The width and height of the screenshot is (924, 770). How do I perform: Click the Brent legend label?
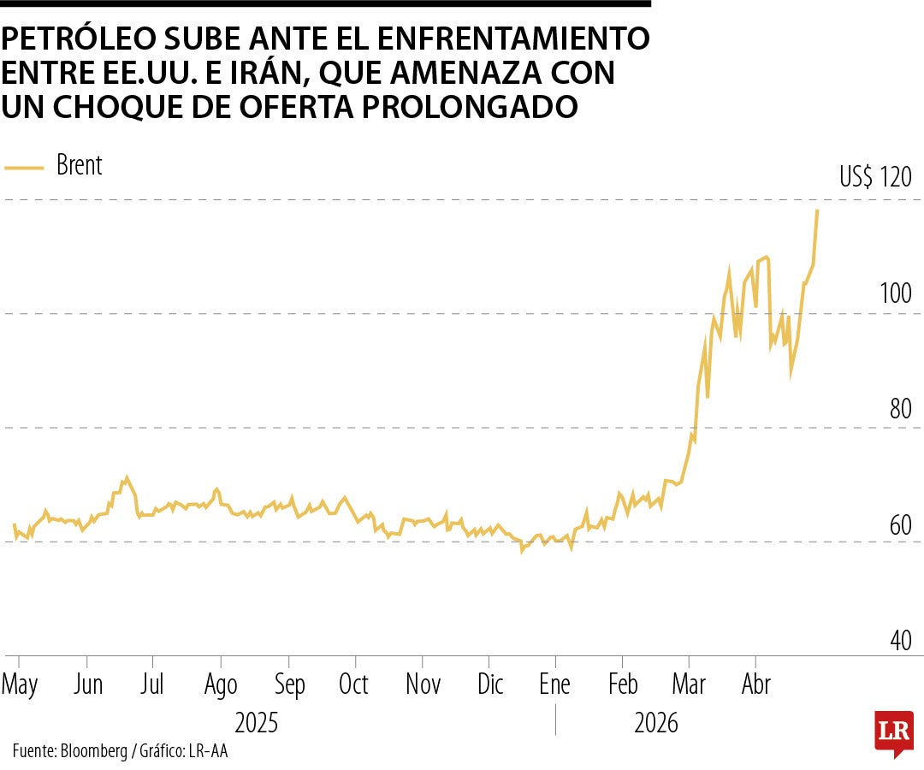click(x=79, y=165)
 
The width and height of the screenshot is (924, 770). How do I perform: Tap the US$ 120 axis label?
click(x=875, y=178)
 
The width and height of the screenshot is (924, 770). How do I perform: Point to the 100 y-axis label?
click(x=895, y=293)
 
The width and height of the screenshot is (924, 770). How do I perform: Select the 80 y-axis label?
click(x=899, y=409)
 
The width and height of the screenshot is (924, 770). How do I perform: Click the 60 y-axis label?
click(x=899, y=524)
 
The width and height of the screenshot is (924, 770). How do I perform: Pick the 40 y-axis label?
click(x=899, y=640)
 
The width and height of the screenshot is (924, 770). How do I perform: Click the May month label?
click(x=20, y=684)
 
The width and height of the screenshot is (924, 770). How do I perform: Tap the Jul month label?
click(x=152, y=684)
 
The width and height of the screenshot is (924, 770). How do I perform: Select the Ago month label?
click(x=221, y=684)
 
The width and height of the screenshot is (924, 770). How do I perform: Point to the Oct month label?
click(x=353, y=684)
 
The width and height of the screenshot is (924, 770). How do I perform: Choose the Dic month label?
click(x=490, y=684)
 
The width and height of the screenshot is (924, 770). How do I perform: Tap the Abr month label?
click(x=755, y=684)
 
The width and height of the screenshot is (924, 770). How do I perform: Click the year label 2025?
click(x=256, y=724)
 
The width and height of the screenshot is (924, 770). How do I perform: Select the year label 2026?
click(x=655, y=724)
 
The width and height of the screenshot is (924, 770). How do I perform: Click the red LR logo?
click(x=893, y=732)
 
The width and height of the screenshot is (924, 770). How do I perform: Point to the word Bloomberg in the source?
click(x=93, y=751)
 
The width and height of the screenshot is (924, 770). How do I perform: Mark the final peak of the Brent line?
click(x=817, y=210)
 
